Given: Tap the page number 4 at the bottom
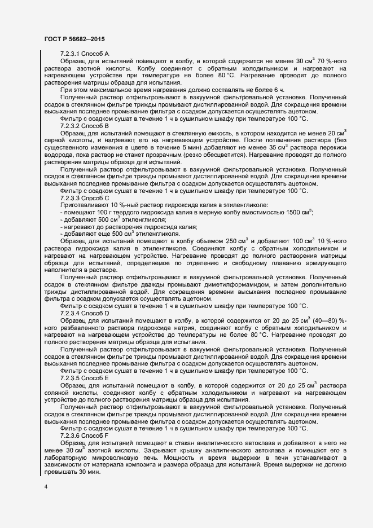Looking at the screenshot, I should (x=46, y=486).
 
